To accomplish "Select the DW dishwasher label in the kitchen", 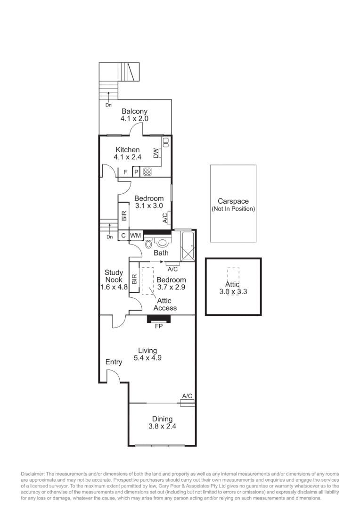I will pyautogui.click(x=156, y=153).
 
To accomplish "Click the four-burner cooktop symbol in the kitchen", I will pyautogui.click(x=147, y=172).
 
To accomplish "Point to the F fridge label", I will pyautogui.click(x=125, y=172).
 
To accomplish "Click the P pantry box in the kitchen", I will pyautogui.click(x=136, y=172).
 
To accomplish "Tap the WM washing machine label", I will pyautogui.click(x=135, y=235).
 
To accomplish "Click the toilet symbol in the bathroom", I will pyautogui.click(x=148, y=244).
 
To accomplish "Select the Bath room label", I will pyautogui.click(x=161, y=253).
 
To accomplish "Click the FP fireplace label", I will pyautogui.click(x=158, y=326).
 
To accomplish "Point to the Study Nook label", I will pyautogui.click(x=114, y=276).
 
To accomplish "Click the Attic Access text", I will pyautogui.click(x=165, y=304).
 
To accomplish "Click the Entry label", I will pyautogui.click(x=114, y=362).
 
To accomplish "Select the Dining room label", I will pyautogui.click(x=162, y=419).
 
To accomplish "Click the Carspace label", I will pyautogui.click(x=233, y=201).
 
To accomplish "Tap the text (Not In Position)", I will pyautogui.click(x=233, y=208).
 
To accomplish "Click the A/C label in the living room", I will pyautogui.click(x=187, y=396).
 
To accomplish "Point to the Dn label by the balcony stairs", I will pyautogui.click(x=108, y=105).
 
